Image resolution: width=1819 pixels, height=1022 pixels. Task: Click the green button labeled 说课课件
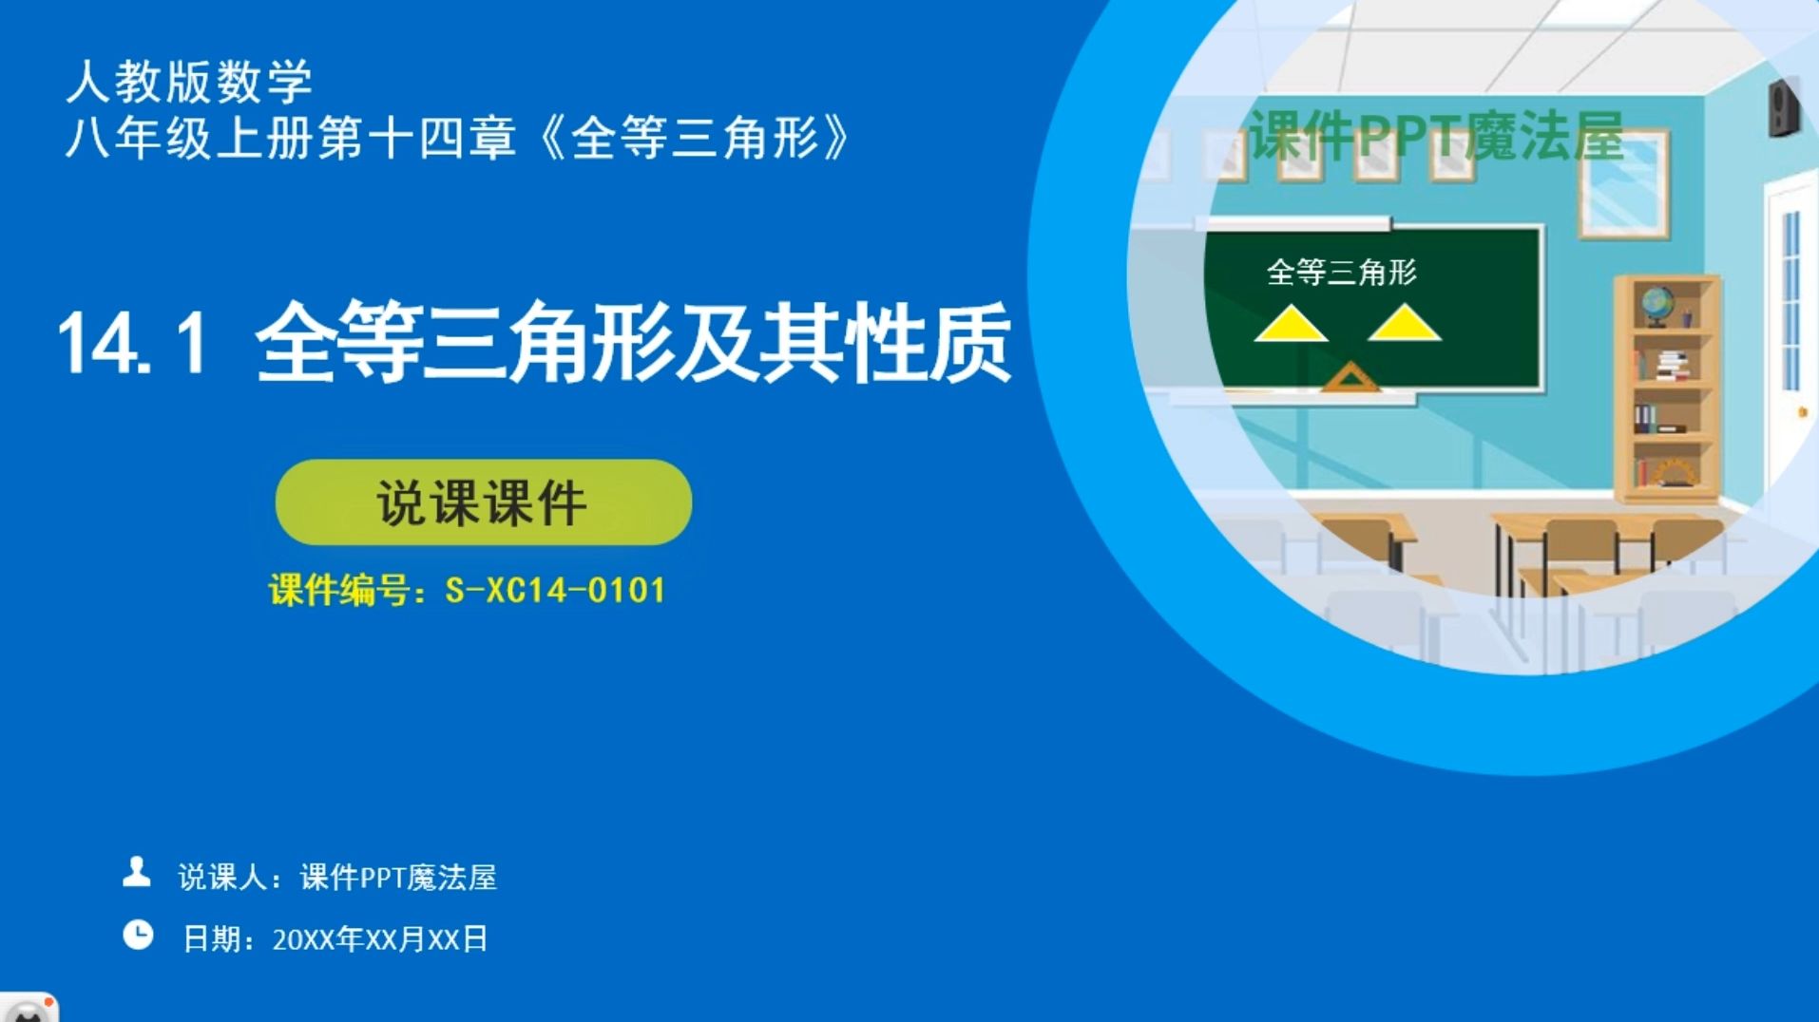click(x=483, y=502)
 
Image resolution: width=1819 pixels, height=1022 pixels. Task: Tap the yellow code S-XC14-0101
click(x=555, y=590)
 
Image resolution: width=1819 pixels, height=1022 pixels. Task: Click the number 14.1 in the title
click(x=132, y=343)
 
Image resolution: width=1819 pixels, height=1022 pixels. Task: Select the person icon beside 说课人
click(x=137, y=872)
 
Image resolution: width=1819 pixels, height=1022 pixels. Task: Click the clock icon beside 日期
click(x=138, y=936)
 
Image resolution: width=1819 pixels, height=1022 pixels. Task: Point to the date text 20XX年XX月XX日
click(x=380, y=939)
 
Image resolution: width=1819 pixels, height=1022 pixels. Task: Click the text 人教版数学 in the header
click(x=189, y=82)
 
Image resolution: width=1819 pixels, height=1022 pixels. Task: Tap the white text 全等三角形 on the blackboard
click(x=1341, y=273)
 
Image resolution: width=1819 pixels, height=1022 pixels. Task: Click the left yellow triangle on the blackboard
click(x=1290, y=324)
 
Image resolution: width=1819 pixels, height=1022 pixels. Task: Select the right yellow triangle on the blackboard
click(x=1404, y=323)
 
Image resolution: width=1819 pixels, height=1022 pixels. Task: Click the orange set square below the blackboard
click(x=1350, y=377)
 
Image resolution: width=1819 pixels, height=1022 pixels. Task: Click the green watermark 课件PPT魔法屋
click(x=1435, y=137)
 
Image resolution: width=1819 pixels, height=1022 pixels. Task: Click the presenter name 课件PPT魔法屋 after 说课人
click(x=398, y=877)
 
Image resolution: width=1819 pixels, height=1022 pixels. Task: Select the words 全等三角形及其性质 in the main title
click(x=633, y=343)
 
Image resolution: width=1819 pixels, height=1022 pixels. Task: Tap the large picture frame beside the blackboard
click(x=1623, y=184)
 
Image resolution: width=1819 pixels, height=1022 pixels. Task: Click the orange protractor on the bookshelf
click(x=1672, y=471)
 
